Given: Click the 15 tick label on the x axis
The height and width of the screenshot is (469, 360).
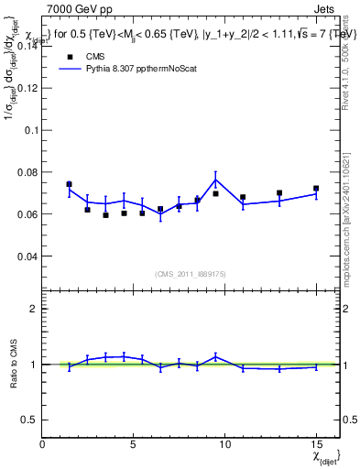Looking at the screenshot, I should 315,442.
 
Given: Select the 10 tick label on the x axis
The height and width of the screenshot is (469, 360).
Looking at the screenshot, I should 224,442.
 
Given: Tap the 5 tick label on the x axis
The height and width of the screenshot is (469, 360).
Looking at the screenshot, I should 134,442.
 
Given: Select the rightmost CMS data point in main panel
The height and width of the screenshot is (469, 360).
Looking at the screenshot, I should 316,189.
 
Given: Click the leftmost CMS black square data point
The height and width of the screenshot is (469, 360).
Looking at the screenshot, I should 69,184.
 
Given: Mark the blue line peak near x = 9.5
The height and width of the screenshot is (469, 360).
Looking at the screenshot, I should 215,178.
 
